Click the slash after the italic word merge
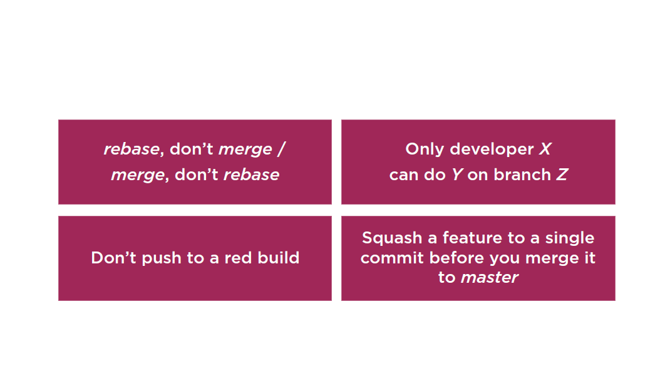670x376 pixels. pos(281,149)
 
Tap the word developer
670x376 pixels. pos(492,149)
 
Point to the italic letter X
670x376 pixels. pos(545,149)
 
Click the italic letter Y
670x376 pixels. pos(457,175)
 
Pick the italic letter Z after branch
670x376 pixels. pos(562,175)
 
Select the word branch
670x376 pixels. pos(522,175)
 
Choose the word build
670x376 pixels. pos(278,258)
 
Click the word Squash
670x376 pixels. pos(392,238)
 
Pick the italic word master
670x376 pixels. pos(490,277)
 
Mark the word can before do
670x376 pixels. pos(404,175)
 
